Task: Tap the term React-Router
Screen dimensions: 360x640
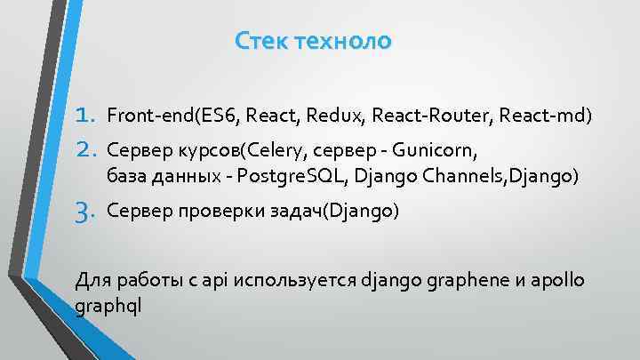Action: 433,116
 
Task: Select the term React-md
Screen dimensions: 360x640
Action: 543,116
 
